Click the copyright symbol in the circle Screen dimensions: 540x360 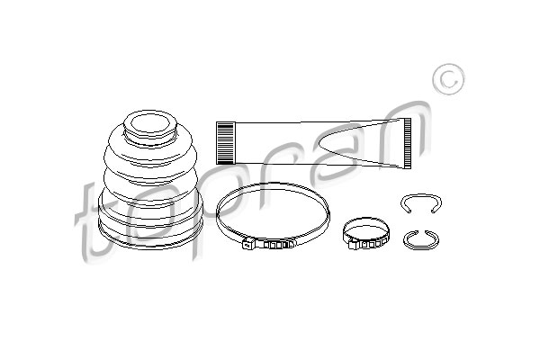(448, 79)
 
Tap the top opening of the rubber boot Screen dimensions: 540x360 (150, 123)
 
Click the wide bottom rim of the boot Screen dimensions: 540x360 (150, 238)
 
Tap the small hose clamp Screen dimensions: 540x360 (366, 234)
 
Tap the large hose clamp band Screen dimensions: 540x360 (273, 184)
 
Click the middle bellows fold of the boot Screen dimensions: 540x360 (150, 179)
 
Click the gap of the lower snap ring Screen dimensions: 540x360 (421, 231)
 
